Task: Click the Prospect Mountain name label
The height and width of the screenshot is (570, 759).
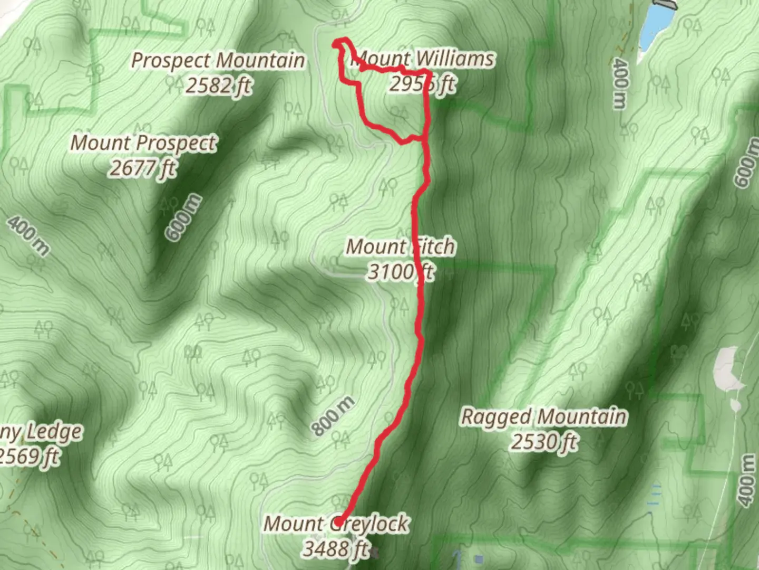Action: pos(218,61)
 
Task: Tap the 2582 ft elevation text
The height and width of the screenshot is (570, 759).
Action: pos(218,85)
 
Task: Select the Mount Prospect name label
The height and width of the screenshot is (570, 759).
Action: pos(143,143)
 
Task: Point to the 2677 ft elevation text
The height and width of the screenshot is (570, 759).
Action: pos(142,168)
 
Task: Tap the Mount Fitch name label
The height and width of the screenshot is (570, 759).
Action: pos(400,246)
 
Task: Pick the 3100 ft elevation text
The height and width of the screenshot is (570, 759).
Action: pos(400,272)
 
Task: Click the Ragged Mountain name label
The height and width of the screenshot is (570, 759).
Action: pos(543,416)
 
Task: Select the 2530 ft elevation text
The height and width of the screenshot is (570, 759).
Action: pos(543,442)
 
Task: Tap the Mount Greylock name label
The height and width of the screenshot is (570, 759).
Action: pos(336,524)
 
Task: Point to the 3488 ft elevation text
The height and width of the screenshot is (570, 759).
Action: pos(336,549)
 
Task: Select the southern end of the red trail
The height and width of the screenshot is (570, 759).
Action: pos(340,520)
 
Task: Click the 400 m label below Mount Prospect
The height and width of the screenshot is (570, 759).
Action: pos(29,235)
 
